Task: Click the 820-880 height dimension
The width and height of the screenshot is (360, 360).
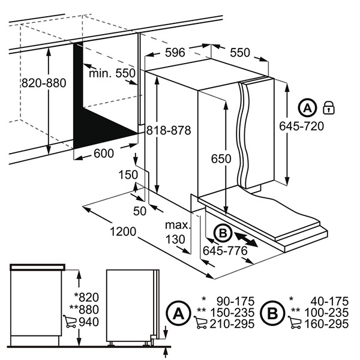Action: (x=44, y=83)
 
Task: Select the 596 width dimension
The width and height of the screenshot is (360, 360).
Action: (x=175, y=53)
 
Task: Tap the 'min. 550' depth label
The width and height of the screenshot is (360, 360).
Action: (x=112, y=73)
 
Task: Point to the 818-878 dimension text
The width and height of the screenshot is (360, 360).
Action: (x=169, y=130)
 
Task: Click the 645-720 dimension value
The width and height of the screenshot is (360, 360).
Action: (x=301, y=126)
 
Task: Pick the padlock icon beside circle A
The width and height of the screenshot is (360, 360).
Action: (x=329, y=107)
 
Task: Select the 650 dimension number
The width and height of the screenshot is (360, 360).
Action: (x=221, y=158)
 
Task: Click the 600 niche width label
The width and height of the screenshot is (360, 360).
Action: (x=104, y=154)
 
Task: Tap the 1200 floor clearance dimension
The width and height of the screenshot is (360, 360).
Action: (x=123, y=232)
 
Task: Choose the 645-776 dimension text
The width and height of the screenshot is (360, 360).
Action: (x=225, y=251)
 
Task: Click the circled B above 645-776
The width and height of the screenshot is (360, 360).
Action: (x=223, y=233)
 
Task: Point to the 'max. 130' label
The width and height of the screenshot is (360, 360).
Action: (x=178, y=232)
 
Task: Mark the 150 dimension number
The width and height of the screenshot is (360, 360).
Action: (x=128, y=175)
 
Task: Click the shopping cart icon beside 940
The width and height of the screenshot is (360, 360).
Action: (x=70, y=322)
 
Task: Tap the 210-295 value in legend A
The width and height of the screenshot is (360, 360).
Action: (x=232, y=324)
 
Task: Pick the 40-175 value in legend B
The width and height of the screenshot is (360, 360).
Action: (x=329, y=301)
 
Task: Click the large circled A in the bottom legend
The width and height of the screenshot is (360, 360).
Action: (x=179, y=313)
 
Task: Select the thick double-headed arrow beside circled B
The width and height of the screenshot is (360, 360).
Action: (x=246, y=240)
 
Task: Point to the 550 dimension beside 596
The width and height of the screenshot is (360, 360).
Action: (x=240, y=53)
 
